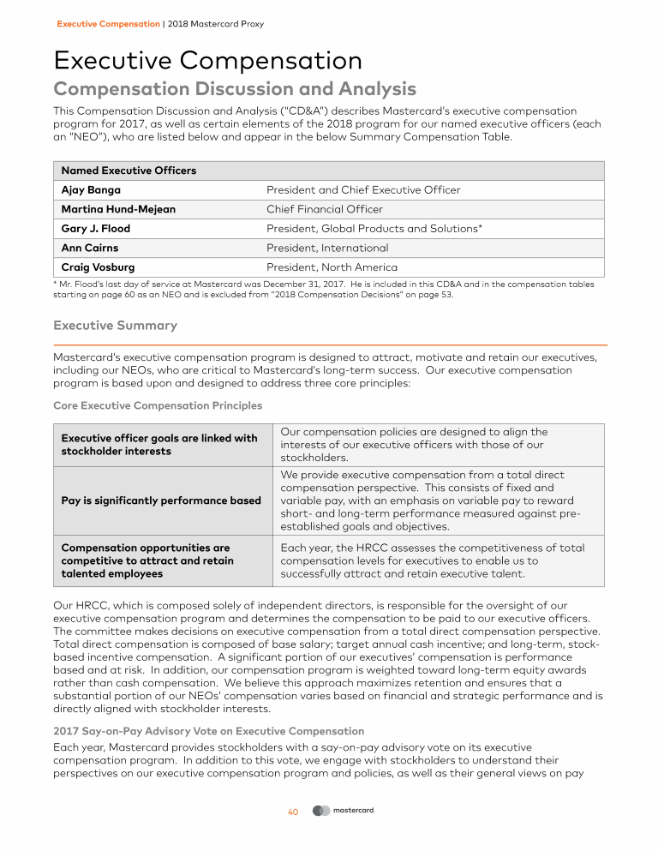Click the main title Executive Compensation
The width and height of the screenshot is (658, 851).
(x=207, y=61)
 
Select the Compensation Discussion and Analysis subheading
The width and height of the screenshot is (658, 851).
(x=235, y=89)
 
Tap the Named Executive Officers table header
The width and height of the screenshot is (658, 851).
(x=129, y=171)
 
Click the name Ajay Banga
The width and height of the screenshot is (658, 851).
(x=91, y=189)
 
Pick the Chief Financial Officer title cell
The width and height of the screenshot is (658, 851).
(x=325, y=209)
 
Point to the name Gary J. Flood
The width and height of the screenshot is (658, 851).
(x=96, y=229)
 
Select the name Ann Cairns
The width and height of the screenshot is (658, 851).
(x=90, y=248)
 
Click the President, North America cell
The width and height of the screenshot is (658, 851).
(x=332, y=267)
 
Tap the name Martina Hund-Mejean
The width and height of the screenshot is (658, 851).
(x=115, y=209)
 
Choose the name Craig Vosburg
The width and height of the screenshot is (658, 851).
(x=98, y=267)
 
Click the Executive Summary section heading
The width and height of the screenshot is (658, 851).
(x=116, y=326)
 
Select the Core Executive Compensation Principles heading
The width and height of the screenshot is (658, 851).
(x=158, y=405)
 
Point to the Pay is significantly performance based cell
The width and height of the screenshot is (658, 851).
(x=161, y=500)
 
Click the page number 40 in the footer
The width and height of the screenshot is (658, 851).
(x=292, y=812)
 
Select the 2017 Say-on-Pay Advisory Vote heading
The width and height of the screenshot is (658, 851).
(x=208, y=731)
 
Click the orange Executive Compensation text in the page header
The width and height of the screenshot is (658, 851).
(x=108, y=24)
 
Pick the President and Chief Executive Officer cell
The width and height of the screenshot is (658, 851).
(x=363, y=189)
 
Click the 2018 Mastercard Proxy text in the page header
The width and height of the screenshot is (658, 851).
(x=216, y=24)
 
